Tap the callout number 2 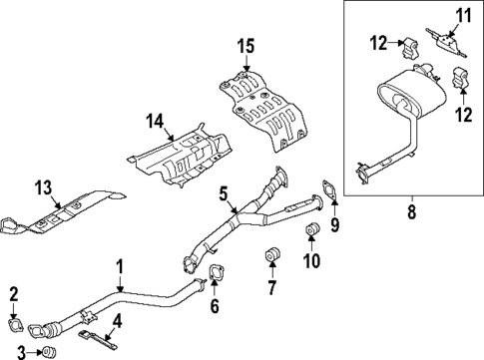point(14,292)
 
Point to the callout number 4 point(118,320)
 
